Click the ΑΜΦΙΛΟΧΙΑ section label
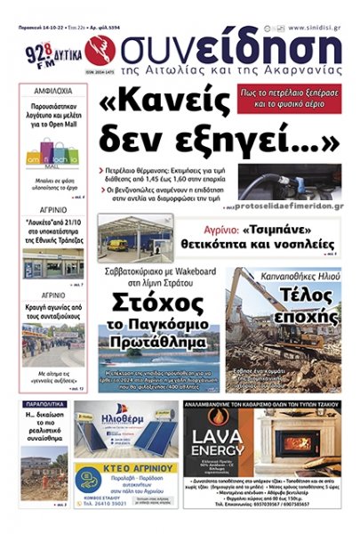[52, 92]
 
